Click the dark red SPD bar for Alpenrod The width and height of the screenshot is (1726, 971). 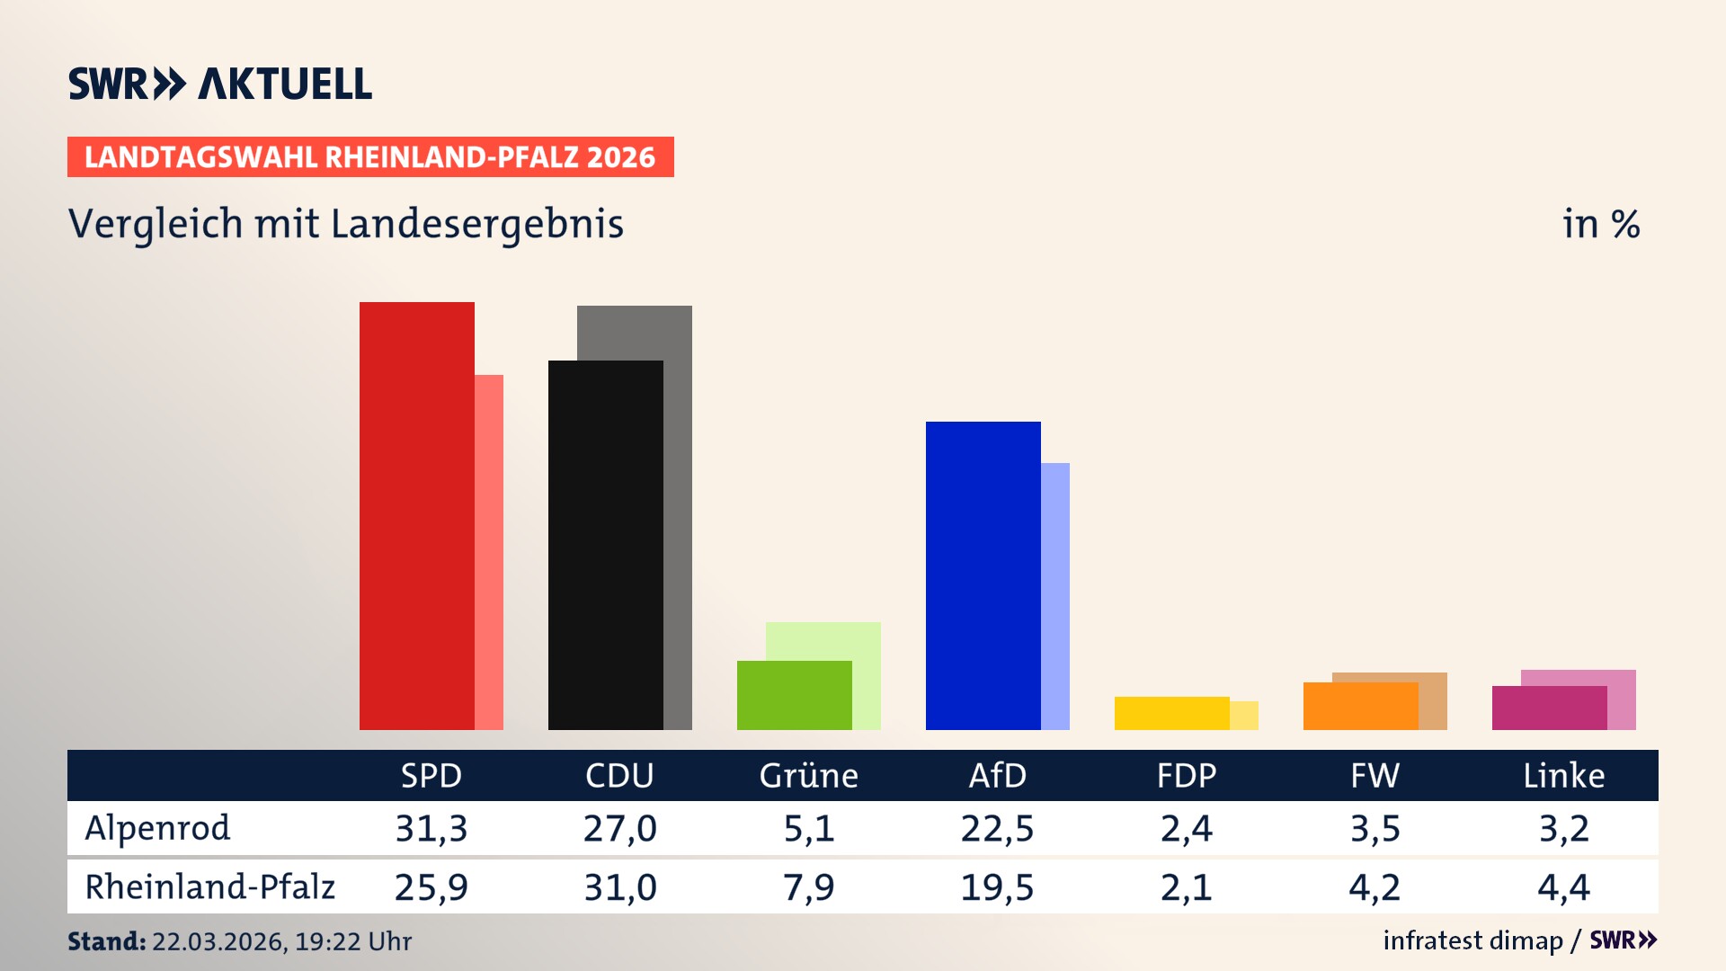point(417,516)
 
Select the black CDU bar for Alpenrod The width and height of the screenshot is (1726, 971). point(606,545)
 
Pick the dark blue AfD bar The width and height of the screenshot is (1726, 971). point(983,575)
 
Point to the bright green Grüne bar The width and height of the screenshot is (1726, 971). point(795,695)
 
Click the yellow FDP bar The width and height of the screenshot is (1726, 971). point(1172,713)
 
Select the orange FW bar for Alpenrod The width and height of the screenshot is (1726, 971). point(1361,706)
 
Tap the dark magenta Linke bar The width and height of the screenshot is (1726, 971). point(1550,708)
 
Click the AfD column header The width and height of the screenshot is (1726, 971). point(997,775)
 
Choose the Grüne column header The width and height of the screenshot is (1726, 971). point(808,775)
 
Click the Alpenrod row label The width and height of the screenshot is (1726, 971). point(157,828)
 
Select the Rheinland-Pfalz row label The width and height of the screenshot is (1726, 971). point(209,887)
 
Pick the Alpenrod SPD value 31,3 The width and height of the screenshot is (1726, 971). point(431,828)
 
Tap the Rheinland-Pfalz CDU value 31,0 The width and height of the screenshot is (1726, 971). point(620,887)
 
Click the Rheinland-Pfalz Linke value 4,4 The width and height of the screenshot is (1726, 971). point(1563,887)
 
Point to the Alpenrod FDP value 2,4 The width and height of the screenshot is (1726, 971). point(1186,828)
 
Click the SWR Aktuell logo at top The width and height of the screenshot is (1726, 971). point(220,84)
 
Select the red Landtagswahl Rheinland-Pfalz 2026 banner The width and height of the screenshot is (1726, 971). point(370,157)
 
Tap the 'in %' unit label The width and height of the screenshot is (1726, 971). point(1600,224)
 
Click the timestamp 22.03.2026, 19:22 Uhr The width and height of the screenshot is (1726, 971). point(281,941)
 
